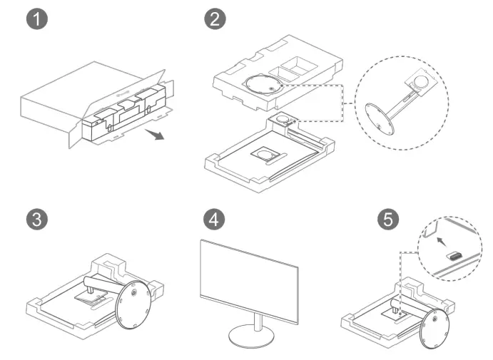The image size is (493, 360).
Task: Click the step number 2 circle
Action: (213, 20)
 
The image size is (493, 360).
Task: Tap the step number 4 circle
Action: (213, 219)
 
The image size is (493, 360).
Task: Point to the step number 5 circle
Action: (387, 219)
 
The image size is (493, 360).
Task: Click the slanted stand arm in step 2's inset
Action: (401, 103)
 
